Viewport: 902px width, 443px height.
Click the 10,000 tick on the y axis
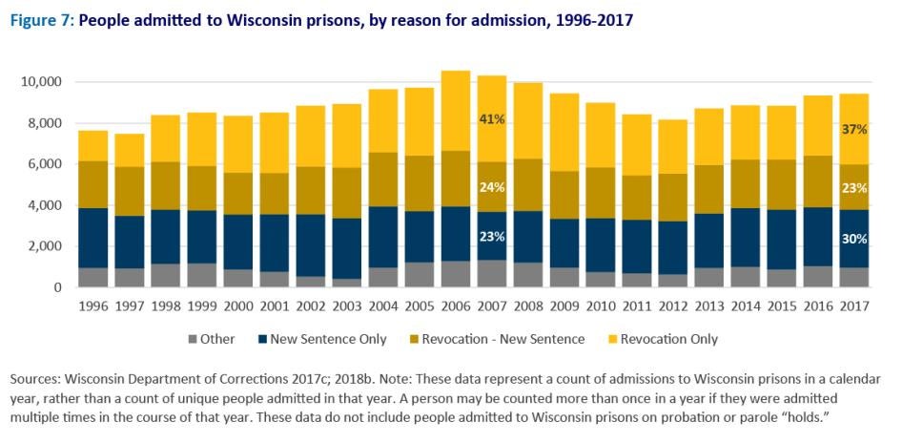click(x=40, y=82)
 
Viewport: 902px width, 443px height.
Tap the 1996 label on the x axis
click(x=92, y=306)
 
